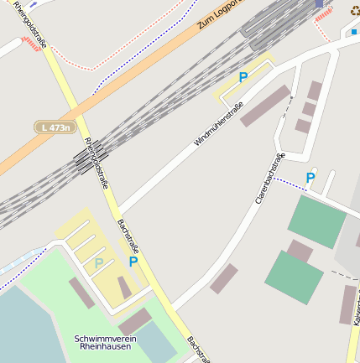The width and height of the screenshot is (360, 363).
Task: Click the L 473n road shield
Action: click(x=54, y=127)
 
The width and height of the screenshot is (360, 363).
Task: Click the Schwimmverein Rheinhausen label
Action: click(x=102, y=342)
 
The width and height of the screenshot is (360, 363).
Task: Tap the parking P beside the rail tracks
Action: click(x=243, y=77)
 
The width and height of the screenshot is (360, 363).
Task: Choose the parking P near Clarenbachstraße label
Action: click(x=310, y=178)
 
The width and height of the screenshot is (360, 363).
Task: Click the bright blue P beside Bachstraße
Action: click(x=133, y=262)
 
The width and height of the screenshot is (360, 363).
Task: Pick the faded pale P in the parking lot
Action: click(x=99, y=263)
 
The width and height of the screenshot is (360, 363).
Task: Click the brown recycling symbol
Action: click(x=354, y=10)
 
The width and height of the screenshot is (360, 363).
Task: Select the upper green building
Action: click(x=316, y=221)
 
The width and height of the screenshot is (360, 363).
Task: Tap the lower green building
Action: click(x=294, y=277)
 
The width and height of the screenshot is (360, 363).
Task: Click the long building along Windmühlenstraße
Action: click(x=266, y=106)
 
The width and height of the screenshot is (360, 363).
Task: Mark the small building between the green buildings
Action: click(x=300, y=251)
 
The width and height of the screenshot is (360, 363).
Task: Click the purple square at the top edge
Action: click(x=319, y=3)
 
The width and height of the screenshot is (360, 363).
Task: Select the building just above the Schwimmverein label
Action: click(x=134, y=320)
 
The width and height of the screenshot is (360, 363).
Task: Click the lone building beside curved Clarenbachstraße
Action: click(x=223, y=278)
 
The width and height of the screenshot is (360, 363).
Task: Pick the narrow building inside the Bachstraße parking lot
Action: click(x=124, y=288)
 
